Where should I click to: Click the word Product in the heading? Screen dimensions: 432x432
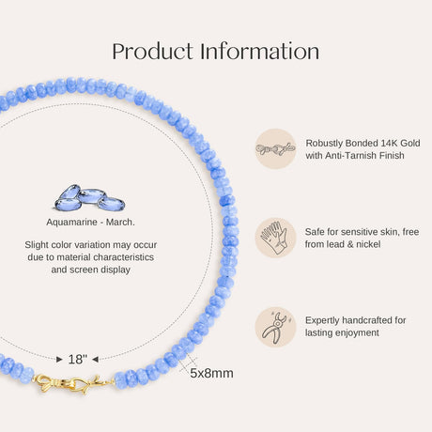pos(153,52)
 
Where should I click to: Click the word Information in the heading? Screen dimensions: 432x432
pos(260,51)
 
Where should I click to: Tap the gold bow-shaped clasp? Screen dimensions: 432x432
pos(73,383)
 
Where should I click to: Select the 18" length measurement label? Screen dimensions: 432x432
pos(78,360)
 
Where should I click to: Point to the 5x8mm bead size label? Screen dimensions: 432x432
pos(211,373)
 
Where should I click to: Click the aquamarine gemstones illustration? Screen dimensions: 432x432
pos(90,198)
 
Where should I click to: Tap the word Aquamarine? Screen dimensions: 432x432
pos(71,223)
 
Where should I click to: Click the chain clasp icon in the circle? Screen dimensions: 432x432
pos(275,149)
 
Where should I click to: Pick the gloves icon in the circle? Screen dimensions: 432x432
pos(275,238)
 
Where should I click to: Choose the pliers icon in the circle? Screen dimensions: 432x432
pos(275,327)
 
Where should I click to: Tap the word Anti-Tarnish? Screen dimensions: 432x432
pos(350,156)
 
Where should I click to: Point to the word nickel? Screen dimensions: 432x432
pos(368,244)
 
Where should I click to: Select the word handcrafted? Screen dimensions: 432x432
pos(367,320)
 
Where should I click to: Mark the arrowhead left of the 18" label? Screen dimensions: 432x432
pos(59,360)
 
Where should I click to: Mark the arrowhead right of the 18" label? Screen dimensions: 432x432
pos(96,360)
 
